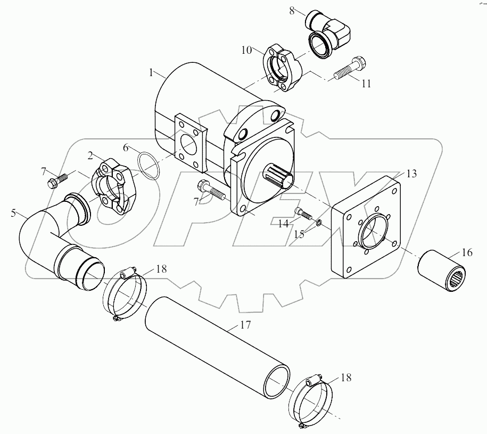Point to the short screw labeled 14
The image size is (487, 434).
303,212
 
